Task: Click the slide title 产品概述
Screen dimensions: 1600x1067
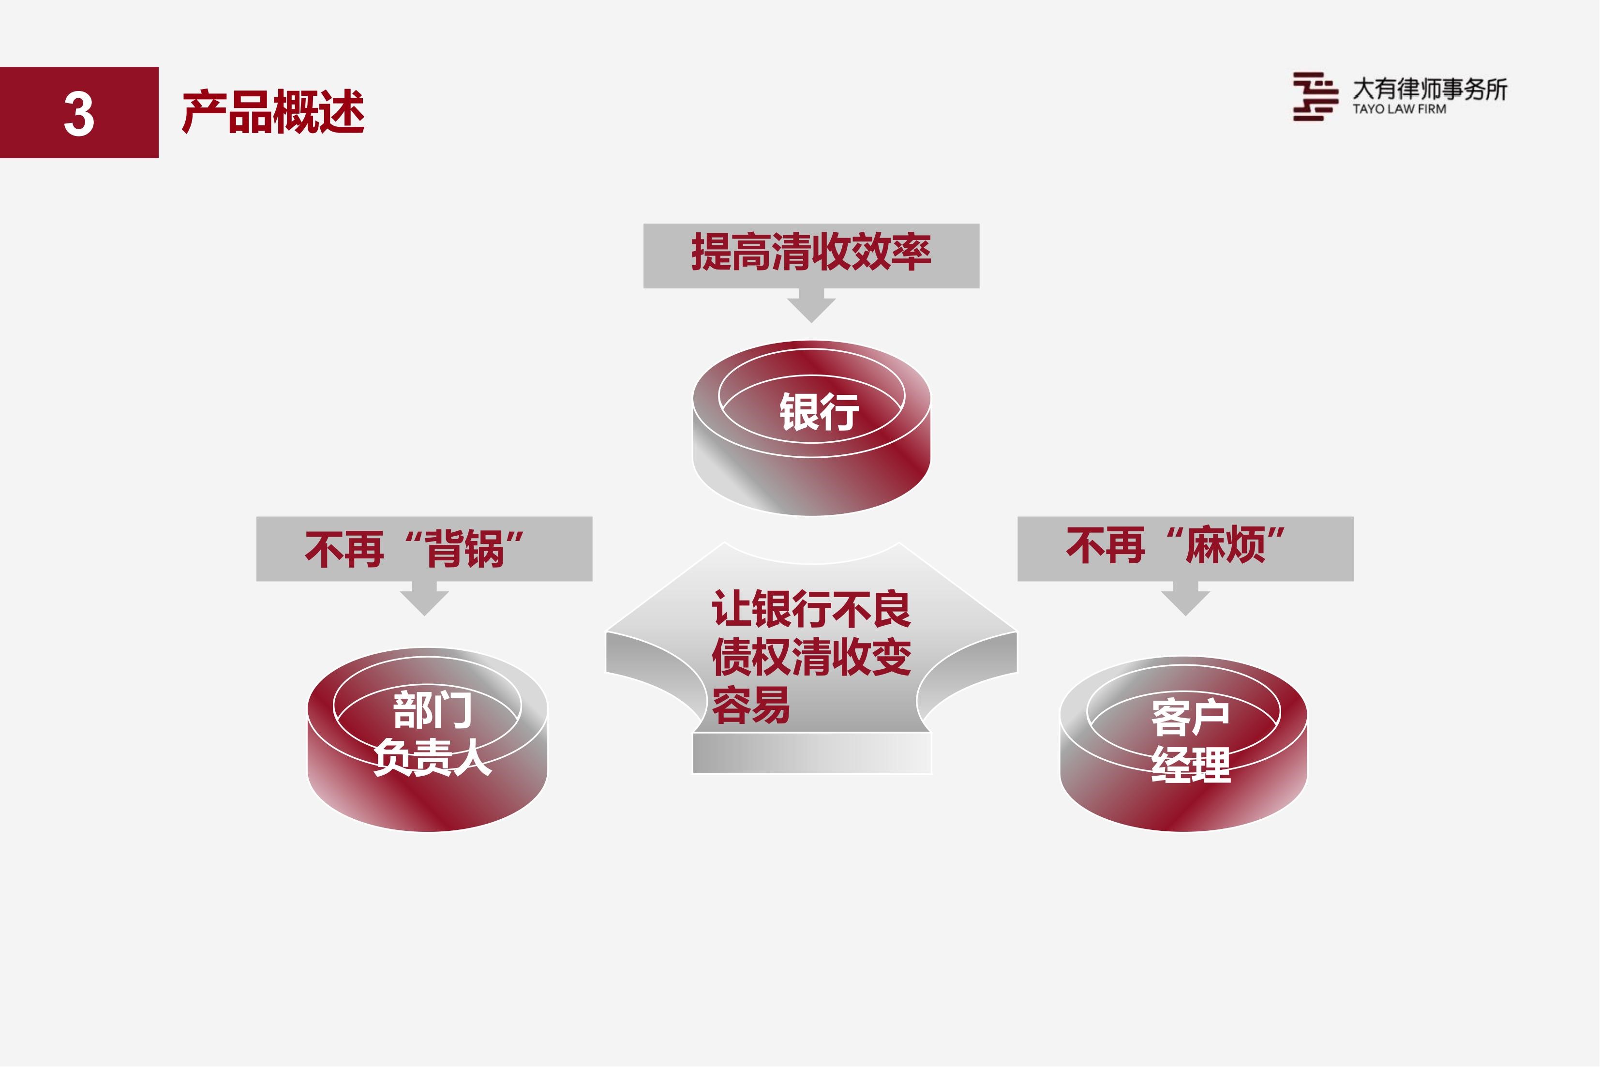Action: click(273, 112)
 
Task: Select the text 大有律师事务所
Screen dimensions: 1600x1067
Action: click(1429, 89)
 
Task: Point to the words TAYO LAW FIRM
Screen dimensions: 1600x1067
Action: click(1399, 109)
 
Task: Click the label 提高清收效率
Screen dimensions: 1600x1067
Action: click(811, 252)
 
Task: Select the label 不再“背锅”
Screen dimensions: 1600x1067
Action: click(414, 548)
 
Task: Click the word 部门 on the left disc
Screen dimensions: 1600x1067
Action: click(433, 710)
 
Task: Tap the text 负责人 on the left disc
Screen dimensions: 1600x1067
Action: click(433, 757)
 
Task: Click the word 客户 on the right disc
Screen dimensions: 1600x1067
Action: click(1191, 717)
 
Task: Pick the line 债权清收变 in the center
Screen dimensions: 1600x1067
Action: click(811, 657)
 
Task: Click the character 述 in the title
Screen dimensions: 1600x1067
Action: click(342, 112)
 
